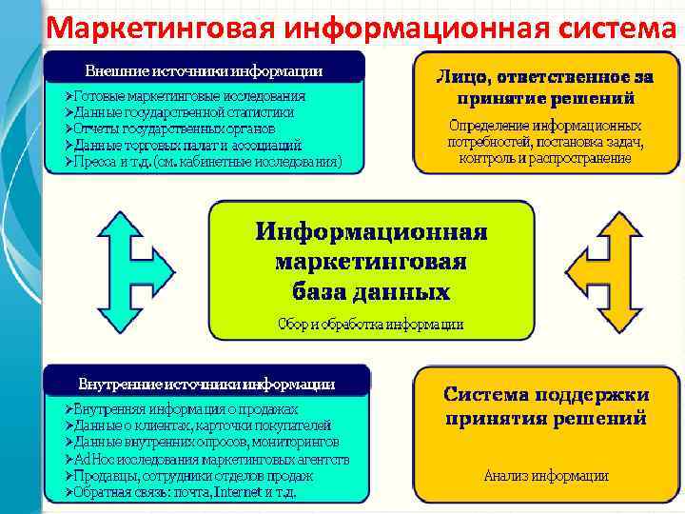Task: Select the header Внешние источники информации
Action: coord(204,70)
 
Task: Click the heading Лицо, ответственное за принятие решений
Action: coord(546,86)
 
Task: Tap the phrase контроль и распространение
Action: coord(544,158)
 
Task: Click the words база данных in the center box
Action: coord(371,290)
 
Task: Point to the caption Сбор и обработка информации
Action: coord(371,324)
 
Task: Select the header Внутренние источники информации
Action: coord(205,385)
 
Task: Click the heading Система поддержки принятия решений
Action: coord(546,405)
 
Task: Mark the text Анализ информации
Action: coord(546,475)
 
